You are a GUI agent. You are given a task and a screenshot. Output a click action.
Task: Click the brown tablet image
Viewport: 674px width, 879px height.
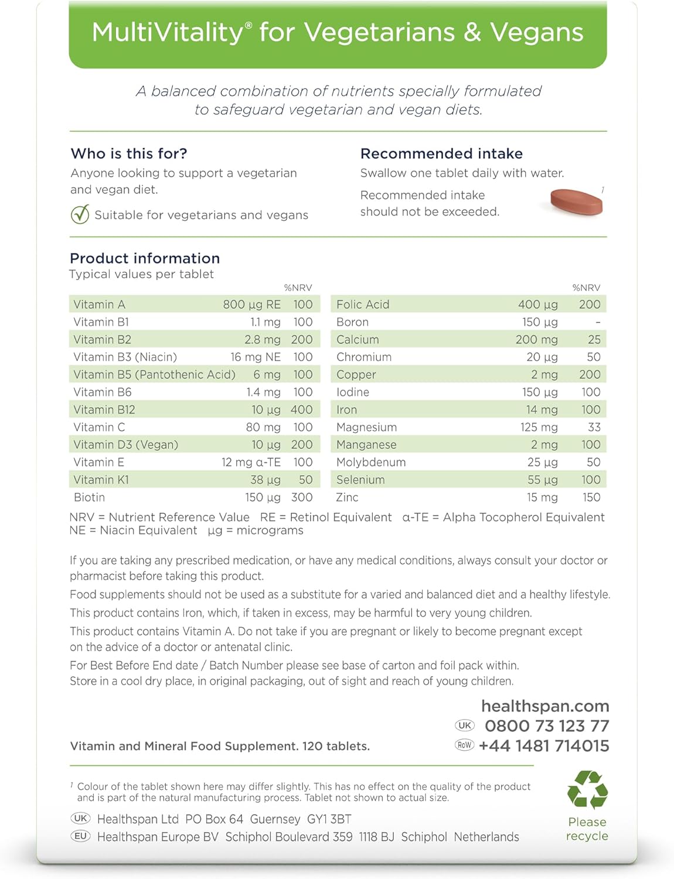click(x=576, y=202)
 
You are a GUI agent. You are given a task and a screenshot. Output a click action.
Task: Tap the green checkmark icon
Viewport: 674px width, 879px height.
click(x=80, y=214)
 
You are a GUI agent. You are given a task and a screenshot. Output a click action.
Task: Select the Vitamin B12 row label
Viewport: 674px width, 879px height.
click(x=104, y=410)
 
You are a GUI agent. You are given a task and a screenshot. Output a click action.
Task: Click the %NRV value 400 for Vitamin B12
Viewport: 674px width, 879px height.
click(x=302, y=410)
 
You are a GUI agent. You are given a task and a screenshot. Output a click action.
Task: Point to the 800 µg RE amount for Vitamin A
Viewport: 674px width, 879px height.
click(x=251, y=305)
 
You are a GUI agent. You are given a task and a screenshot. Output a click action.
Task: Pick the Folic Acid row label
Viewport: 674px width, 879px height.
click(x=363, y=305)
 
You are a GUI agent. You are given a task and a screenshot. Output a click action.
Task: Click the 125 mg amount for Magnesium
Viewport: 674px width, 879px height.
click(x=539, y=427)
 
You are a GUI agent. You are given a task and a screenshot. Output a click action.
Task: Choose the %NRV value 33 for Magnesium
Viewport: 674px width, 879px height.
click(x=594, y=427)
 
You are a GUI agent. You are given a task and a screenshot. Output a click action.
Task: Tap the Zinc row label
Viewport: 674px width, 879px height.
click(x=347, y=498)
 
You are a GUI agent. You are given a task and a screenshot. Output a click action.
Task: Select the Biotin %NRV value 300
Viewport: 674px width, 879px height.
click(x=302, y=498)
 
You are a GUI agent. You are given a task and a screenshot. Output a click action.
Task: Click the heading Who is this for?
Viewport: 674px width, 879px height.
click(x=129, y=154)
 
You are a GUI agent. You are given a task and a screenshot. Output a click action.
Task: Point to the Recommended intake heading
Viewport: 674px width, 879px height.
click(x=441, y=154)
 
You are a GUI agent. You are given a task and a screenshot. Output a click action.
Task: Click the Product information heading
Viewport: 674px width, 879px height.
click(x=145, y=258)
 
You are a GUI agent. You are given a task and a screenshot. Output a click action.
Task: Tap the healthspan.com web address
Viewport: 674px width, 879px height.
click(x=545, y=706)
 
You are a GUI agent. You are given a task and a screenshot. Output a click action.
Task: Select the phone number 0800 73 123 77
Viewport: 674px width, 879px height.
click(x=547, y=726)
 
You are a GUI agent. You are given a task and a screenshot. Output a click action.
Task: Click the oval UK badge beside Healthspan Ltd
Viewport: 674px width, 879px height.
click(x=80, y=819)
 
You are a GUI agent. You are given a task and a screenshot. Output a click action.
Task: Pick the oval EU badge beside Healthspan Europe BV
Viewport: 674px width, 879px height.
click(x=80, y=836)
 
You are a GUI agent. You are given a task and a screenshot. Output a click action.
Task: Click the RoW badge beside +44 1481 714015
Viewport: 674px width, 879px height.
click(x=464, y=745)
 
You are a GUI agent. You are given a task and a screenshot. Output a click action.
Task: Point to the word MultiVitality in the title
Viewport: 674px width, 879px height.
click(x=167, y=32)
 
